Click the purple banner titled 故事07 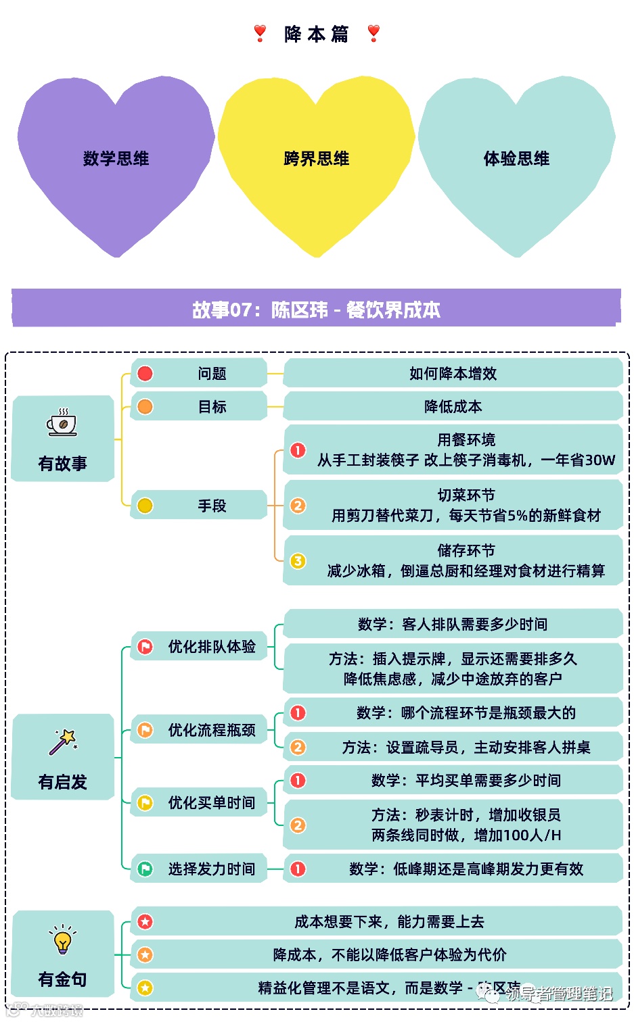(316, 309)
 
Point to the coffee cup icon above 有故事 (62, 424)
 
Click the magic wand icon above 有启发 (63, 741)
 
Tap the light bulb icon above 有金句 (62, 940)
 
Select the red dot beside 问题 (145, 373)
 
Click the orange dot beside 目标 (145, 406)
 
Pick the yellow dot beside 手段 (145, 506)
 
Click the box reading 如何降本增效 (453, 373)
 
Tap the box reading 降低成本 (453, 406)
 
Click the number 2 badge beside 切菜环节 (298, 506)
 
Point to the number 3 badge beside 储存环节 (298, 561)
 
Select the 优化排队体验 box (199, 647)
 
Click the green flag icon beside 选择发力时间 (145, 869)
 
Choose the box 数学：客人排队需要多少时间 (453, 624)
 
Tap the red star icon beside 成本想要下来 (145, 921)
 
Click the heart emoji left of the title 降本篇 (260, 33)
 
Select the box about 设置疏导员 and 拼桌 (453, 747)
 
